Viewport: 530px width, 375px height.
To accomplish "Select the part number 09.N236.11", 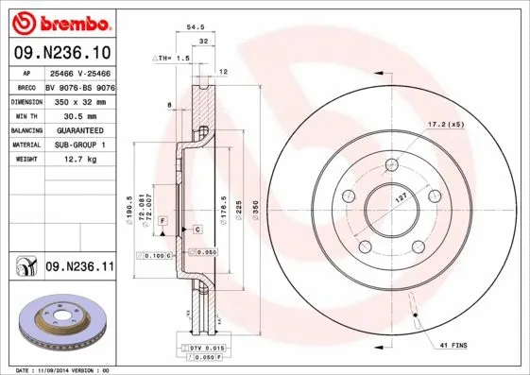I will click(79, 268).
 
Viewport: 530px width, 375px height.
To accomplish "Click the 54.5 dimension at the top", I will click(196, 28).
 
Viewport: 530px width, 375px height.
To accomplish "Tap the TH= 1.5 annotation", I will click(171, 58).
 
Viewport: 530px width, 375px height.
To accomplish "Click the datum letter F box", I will click(162, 220).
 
